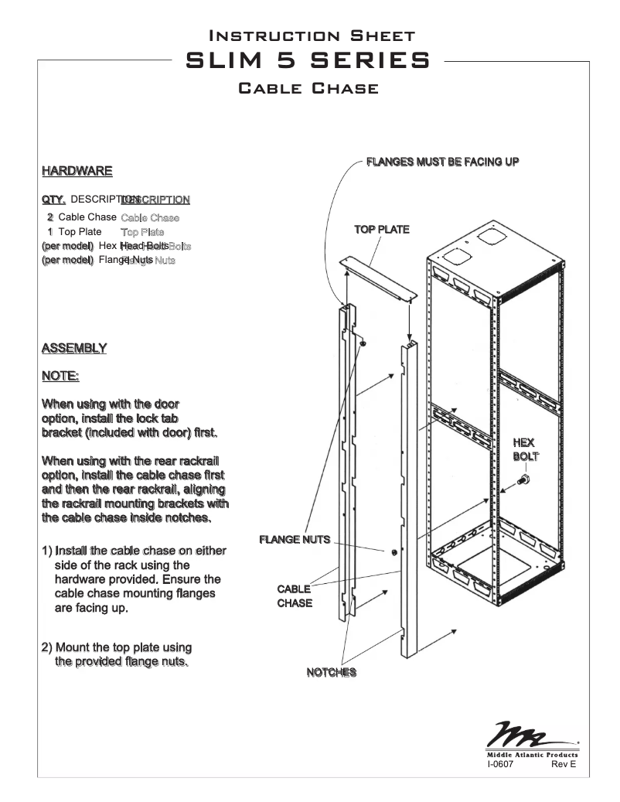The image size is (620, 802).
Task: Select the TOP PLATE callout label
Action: pos(381,230)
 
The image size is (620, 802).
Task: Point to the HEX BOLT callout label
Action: pos(523,449)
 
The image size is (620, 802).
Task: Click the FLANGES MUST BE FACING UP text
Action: pos(442,161)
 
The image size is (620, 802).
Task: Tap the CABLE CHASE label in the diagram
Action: pos(295,596)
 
